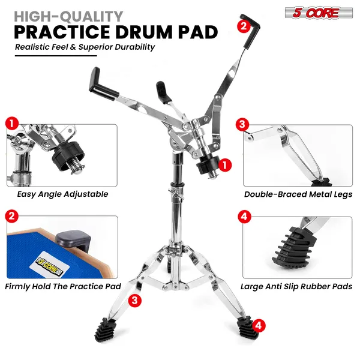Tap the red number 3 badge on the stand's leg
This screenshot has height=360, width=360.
pyautogui.click(x=136, y=299)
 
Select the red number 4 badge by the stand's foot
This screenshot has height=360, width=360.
pyautogui.click(x=259, y=325)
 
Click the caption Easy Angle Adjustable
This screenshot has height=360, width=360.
pyautogui.click(x=62, y=194)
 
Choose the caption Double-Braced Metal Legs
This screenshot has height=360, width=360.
pyautogui.click(x=298, y=194)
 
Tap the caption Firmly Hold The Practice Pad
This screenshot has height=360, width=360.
pyautogui.click(x=63, y=286)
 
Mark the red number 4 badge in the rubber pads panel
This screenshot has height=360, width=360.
pyautogui.click(x=244, y=217)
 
